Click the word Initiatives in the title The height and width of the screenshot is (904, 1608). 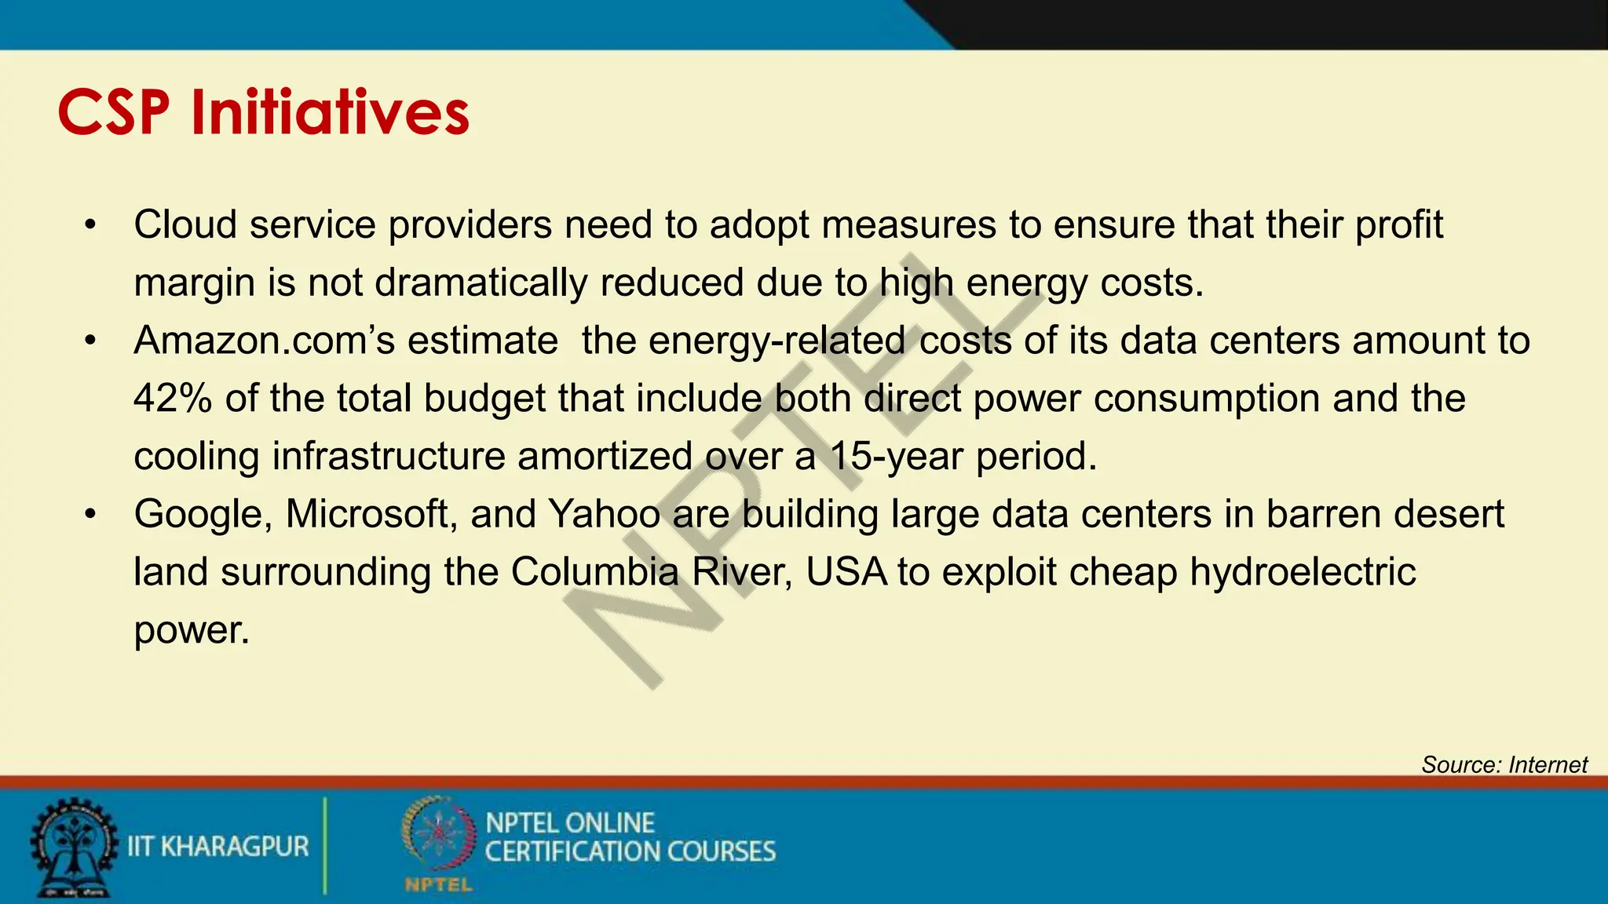(330, 112)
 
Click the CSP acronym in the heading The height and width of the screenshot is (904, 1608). (113, 112)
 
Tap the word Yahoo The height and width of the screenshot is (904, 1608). (604, 515)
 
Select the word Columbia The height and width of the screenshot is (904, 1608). (594, 572)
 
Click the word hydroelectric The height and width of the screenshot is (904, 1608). (1303, 572)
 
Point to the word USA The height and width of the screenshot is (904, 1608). (846, 572)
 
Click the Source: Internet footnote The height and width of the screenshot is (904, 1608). (1504, 764)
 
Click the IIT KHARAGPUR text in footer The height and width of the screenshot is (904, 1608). (218, 847)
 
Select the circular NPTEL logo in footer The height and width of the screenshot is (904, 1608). (438, 835)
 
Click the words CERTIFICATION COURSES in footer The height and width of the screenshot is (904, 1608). (630, 852)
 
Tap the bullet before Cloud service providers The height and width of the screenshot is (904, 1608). (91, 226)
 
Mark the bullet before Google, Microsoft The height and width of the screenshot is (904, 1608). (91, 515)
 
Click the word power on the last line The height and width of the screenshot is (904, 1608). (191, 630)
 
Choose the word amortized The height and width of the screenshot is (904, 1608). (605, 456)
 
